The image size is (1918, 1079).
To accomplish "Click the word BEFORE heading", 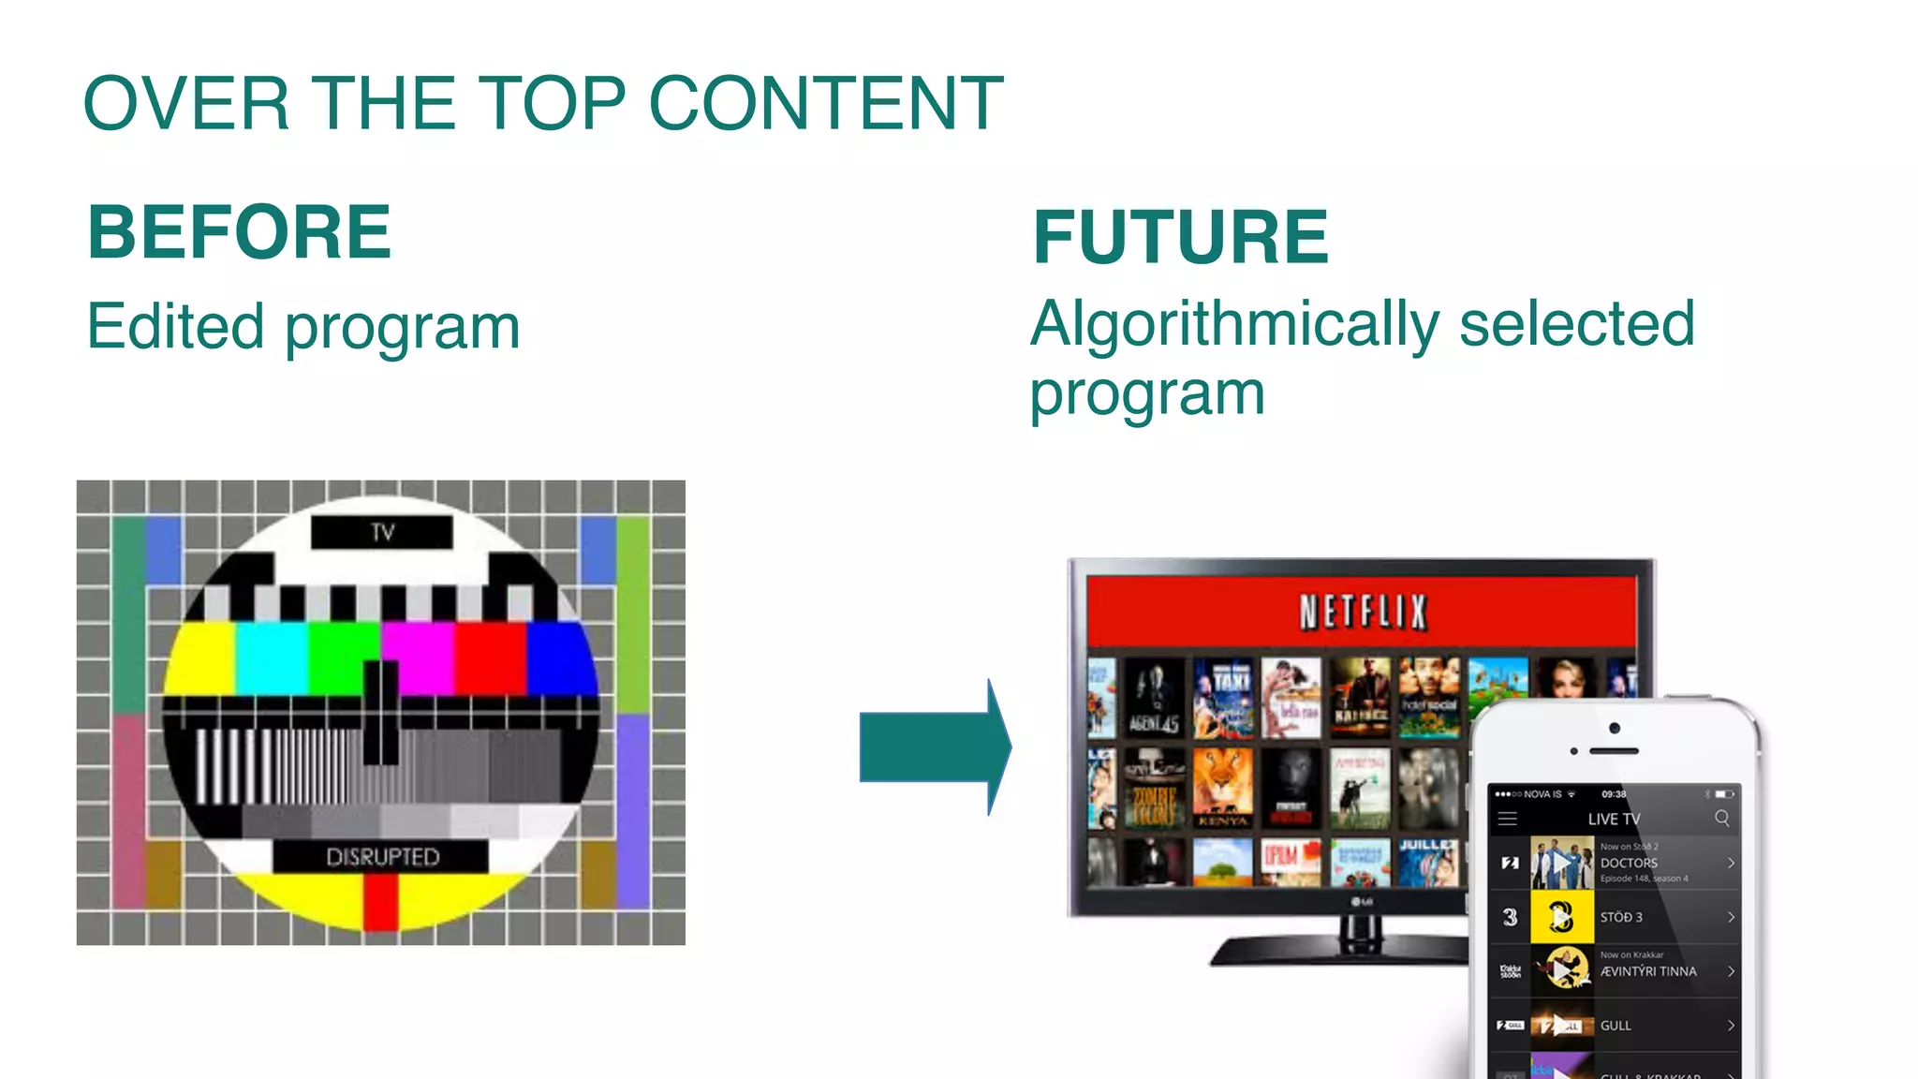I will click(x=239, y=232).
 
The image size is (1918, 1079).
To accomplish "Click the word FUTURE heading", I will click(x=1180, y=237).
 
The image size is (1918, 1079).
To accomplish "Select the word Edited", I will click(x=175, y=327).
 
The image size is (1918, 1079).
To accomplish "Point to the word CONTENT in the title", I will click(x=825, y=103).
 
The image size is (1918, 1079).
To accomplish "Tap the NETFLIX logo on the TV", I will click(x=1363, y=613).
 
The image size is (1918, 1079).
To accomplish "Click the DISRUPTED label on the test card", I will click(x=382, y=856).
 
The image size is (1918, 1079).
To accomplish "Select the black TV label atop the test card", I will click(x=382, y=532).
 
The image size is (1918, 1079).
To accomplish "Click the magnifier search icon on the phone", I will click(x=1721, y=819).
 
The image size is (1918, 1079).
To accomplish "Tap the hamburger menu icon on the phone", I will click(x=1508, y=819).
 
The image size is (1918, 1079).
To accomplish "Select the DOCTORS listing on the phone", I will click(x=1630, y=863).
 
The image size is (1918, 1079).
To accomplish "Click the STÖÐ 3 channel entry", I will click(x=1622, y=917).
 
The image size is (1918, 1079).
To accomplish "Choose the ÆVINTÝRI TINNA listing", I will click(x=1648, y=971).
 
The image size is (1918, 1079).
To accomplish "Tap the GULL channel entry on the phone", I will click(x=1616, y=1026).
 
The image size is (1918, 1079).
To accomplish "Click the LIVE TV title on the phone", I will click(x=1614, y=819).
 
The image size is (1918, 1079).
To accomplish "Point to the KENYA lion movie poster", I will click(x=1222, y=788).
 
